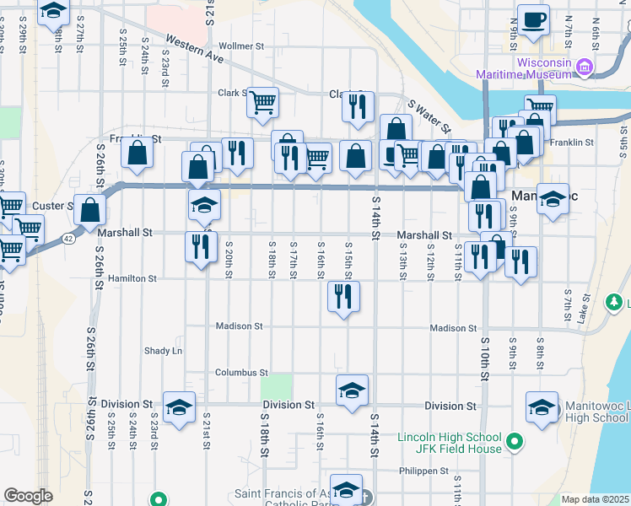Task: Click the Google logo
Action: [28, 496]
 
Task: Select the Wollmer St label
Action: [241, 46]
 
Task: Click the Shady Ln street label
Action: [163, 351]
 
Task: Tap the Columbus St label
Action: [240, 372]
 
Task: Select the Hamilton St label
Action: [132, 278]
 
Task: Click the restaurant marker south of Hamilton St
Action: [343, 296]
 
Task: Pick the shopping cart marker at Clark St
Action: [263, 102]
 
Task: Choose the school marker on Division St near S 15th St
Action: [352, 390]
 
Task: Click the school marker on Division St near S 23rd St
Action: [179, 407]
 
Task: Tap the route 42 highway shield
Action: [68, 239]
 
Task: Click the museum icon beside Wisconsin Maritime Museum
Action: [584, 66]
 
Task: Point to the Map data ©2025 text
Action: [596, 499]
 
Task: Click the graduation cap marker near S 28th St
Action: [54, 12]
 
